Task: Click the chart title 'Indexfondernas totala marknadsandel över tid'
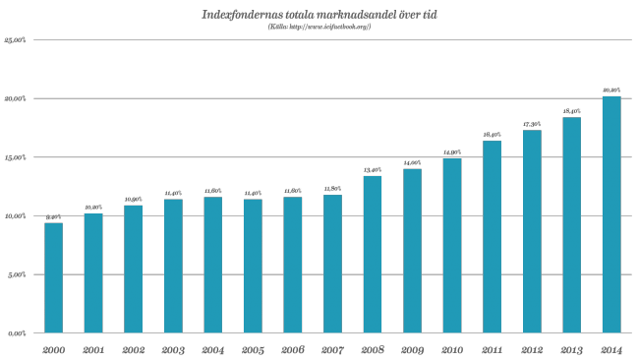tap(319, 15)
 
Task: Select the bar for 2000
tap(54, 277)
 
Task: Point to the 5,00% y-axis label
tap(17, 274)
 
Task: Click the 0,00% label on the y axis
tap(17, 332)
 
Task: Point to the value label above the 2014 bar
tap(611, 91)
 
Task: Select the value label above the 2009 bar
tap(412, 163)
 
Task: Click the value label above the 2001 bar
tap(93, 208)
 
